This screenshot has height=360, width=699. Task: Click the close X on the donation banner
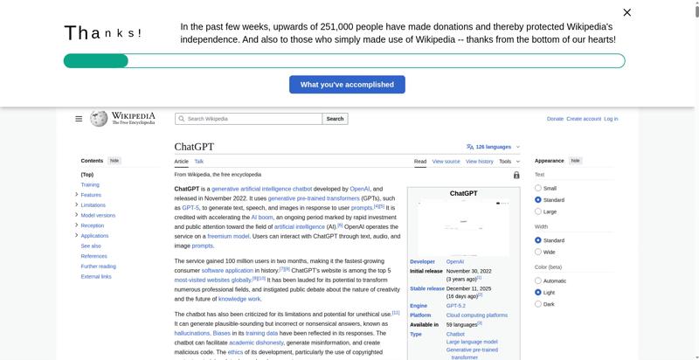[x=626, y=12]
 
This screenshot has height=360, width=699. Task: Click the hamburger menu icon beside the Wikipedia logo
[x=79, y=119]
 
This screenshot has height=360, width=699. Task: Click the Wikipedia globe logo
[x=100, y=119]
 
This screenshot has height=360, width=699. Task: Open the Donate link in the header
[x=555, y=119]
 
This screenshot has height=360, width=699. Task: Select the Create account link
[x=584, y=119]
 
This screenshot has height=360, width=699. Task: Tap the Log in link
[x=611, y=119]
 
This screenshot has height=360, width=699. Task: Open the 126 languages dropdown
[x=494, y=147]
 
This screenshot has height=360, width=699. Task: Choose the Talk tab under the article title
[x=199, y=162]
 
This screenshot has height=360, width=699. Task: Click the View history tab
[x=479, y=162]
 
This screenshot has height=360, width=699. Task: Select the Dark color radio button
[x=538, y=304]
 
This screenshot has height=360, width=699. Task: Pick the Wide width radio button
[x=538, y=252]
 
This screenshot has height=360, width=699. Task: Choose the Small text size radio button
[x=538, y=188]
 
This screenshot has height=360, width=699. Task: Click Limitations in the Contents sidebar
[x=93, y=205]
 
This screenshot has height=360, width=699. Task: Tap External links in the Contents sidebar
[x=96, y=276]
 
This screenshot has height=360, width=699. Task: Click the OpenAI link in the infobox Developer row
[x=455, y=261]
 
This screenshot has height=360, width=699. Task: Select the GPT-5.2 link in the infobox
[x=457, y=306]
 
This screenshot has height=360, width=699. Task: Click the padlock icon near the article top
[x=516, y=175]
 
